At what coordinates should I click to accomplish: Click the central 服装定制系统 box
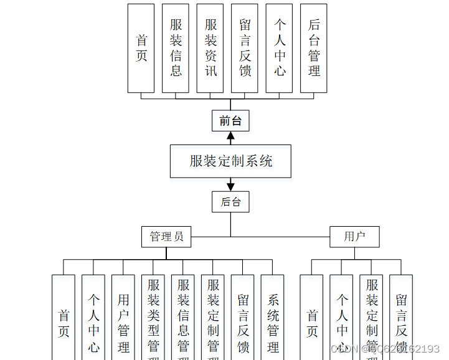(231, 161)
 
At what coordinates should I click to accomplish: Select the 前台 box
(230, 121)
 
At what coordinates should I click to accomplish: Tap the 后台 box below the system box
(230, 202)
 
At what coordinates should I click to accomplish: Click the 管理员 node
(166, 237)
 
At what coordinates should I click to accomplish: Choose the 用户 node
(354, 237)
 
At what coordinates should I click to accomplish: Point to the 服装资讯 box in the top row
(210, 48)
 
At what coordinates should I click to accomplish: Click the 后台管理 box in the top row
(314, 48)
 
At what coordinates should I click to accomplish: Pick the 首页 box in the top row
(141, 48)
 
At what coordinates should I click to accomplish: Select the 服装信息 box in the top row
(176, 48)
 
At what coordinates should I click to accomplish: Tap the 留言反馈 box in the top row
(245, 48)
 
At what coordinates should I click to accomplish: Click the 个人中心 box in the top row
(280, 48)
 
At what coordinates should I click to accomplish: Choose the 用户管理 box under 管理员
(123, 318)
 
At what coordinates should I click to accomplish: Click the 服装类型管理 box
(153, 318)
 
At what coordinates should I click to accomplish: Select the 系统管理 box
(273, 318)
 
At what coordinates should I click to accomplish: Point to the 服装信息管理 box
(183, 318)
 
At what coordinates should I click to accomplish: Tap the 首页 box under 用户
(312, 318)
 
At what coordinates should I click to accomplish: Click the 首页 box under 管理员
(64, 318)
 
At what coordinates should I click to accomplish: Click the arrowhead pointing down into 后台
(230, 186)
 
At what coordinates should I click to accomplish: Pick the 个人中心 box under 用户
(342, 318)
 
